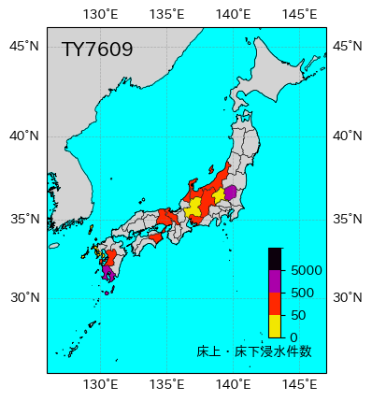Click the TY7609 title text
tap(97, 50)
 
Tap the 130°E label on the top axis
tap(101, 14)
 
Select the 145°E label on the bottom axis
tap(299, 384)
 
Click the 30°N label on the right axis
tap(348, 297)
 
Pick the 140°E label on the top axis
tap(233, 14)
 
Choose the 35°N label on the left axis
tap(24, 219)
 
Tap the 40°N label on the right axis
tap(348, 136)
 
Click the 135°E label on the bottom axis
tap(166, 384)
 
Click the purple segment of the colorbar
tap(275, 280)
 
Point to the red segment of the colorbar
tap(275, 303)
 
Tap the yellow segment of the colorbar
tap(275, 325)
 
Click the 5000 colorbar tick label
tap(306, 270)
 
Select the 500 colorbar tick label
tap(302, 293)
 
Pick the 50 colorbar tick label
tap(298, 315)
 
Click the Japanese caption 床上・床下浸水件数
tap(254, 351)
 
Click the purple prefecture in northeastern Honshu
tap(230, 193)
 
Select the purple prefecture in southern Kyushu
tap(107, 274)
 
